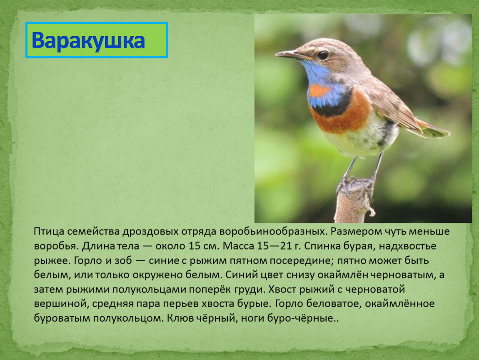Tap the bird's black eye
(323, 55)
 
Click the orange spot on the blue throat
(319, 90)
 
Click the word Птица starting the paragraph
(49, 232)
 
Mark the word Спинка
(322, 246)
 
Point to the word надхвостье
(407, 246)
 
